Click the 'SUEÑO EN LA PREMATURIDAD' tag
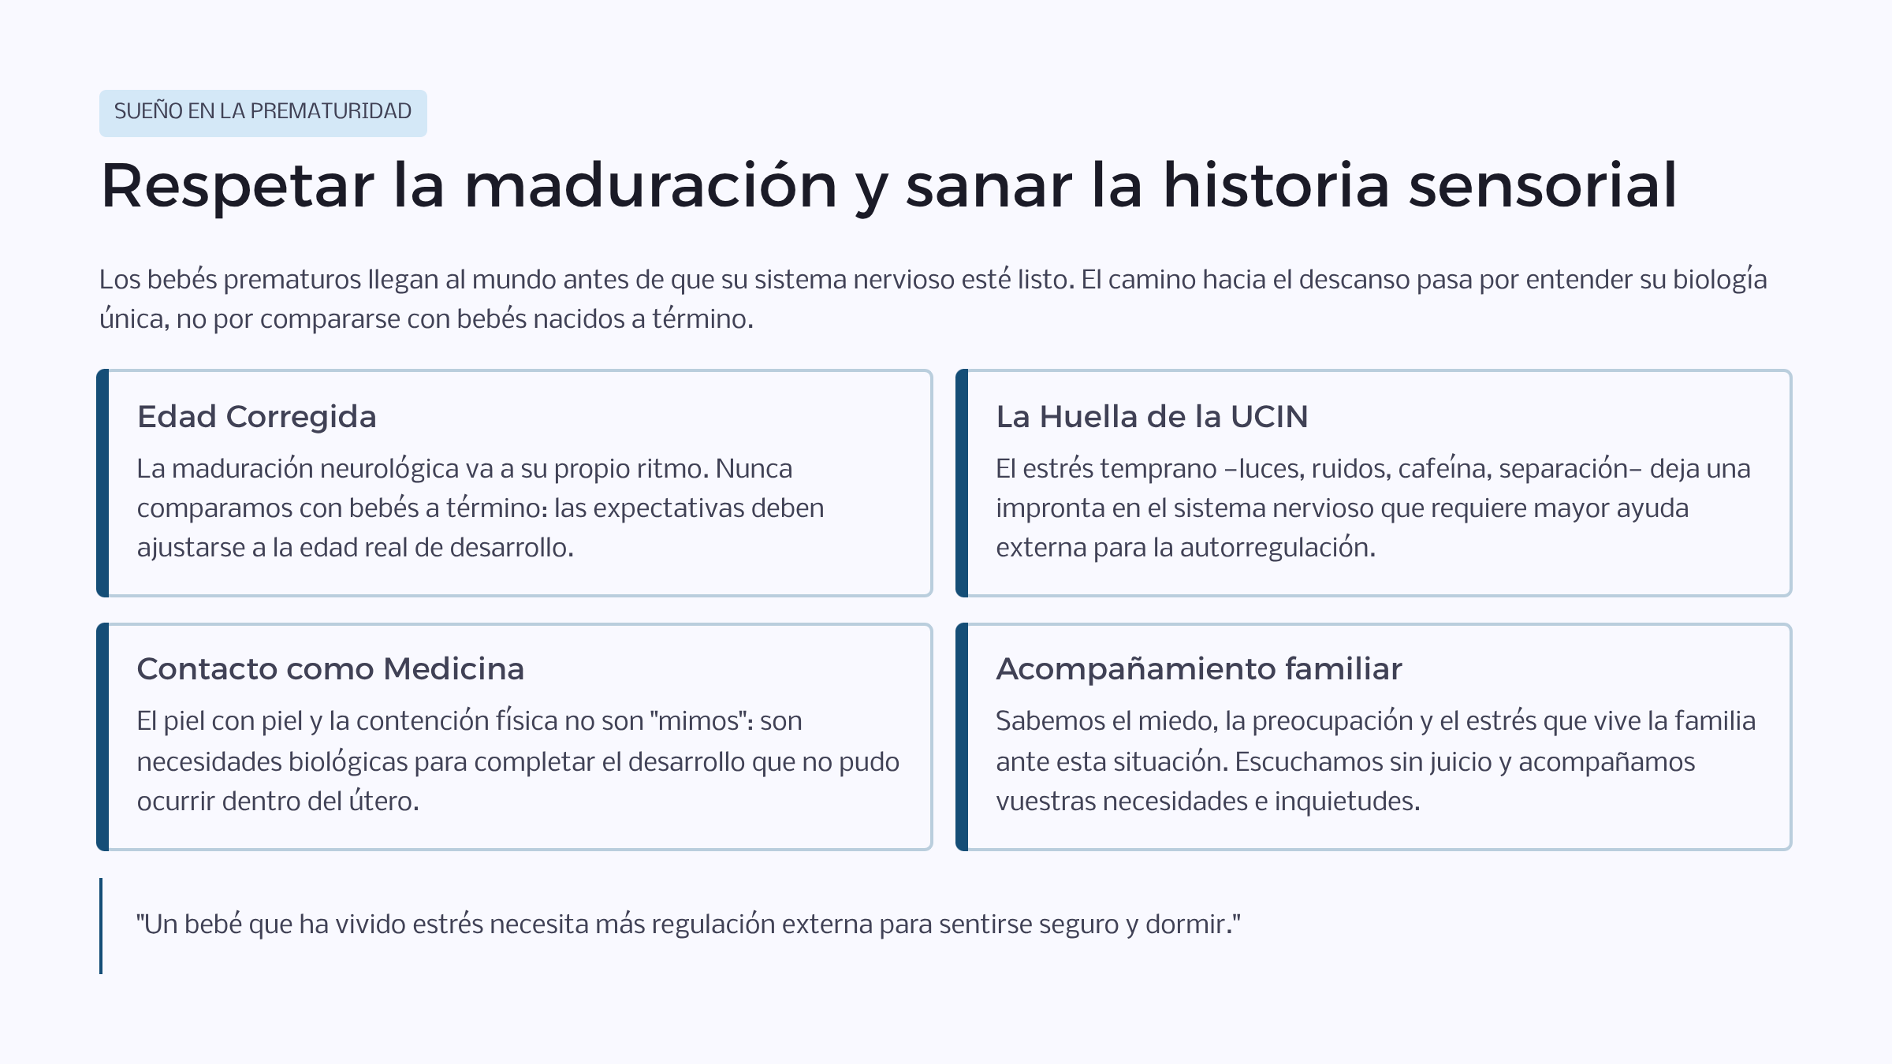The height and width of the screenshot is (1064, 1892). coord(263,113)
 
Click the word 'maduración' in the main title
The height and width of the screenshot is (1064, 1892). coord(650,185)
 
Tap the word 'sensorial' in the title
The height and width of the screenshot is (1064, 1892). coord(1543,185)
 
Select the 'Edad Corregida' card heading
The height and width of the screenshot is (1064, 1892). coord(257,417)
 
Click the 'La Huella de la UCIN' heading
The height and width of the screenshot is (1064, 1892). coord(1152,416)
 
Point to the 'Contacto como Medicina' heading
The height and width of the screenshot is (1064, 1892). coord(330,668)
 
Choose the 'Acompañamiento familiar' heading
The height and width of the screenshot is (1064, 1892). coord(1199,669)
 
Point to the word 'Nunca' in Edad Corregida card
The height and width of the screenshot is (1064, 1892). coord(754,469)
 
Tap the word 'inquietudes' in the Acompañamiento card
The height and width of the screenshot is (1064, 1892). coord(1347,802)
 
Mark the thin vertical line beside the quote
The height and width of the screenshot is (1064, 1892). coord(101,926)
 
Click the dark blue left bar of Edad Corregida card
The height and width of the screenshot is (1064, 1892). coord(102,483)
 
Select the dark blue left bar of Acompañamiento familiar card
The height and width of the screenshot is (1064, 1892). coord(962,737)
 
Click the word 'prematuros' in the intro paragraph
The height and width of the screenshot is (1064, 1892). coord(292,280)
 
